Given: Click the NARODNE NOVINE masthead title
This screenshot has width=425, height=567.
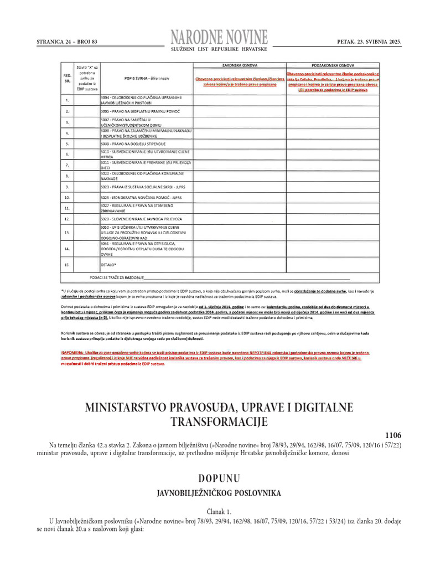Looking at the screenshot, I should [x=220, y=37].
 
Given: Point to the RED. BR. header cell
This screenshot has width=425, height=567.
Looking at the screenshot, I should [x=67, y=78].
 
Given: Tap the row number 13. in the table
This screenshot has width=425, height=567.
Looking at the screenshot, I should [x=67, y=233].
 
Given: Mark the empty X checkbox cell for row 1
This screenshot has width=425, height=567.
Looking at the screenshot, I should [x=86, y=100].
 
